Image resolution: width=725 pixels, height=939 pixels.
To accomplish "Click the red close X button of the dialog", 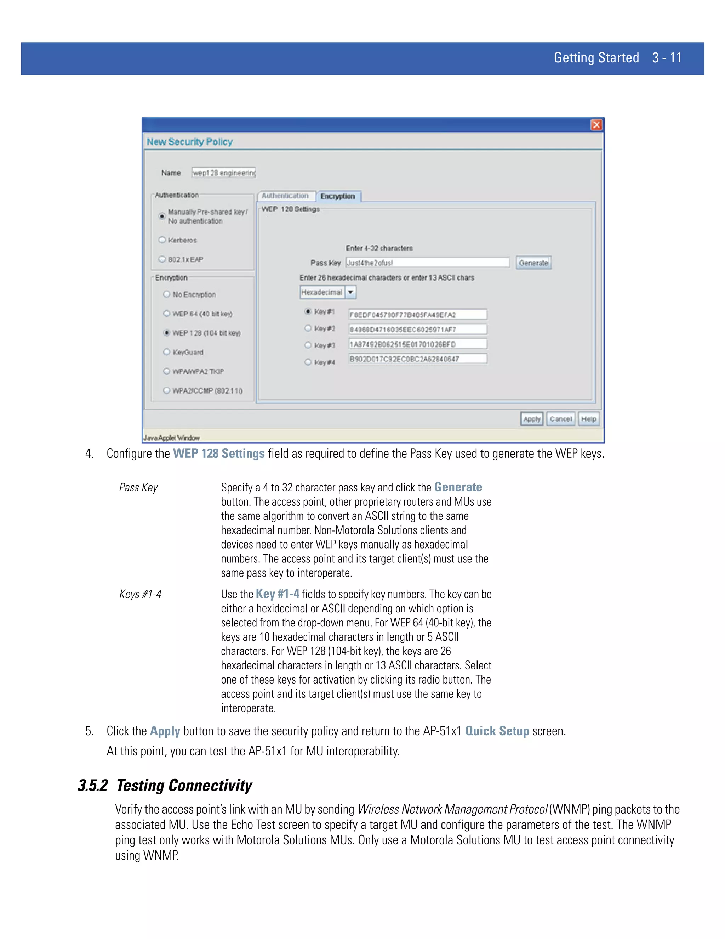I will [596, 125].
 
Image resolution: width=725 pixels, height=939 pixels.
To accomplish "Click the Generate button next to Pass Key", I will [533, 263].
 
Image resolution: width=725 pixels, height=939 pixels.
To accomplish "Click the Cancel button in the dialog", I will [560, 419].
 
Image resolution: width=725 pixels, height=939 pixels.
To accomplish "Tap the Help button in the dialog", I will [588, 419].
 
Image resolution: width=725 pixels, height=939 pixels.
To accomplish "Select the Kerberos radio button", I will [162, 240].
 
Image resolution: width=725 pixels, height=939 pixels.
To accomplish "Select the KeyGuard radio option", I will [167, 352].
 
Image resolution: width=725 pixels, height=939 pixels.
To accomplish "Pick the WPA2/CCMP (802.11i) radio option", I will [167, 390].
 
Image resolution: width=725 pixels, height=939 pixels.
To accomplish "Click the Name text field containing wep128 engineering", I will [224, 173].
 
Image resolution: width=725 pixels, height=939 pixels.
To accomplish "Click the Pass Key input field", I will [427, 263].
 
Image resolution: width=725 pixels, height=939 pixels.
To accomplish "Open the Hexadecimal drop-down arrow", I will [350, 292].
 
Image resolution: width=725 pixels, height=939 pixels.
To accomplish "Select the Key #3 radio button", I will [308, 345].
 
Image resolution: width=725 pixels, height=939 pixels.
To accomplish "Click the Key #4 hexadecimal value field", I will [417, 359].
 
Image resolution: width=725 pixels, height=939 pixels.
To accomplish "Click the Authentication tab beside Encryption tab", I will [285, 196].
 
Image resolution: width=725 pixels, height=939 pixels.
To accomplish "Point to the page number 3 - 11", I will [667, 58].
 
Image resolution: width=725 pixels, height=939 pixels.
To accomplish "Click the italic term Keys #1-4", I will [140, 594].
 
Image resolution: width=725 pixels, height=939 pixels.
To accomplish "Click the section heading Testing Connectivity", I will [184, 786].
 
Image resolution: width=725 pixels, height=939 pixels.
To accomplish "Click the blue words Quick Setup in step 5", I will [497, 731].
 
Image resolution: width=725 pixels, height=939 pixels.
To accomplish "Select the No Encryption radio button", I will [167, 294].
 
